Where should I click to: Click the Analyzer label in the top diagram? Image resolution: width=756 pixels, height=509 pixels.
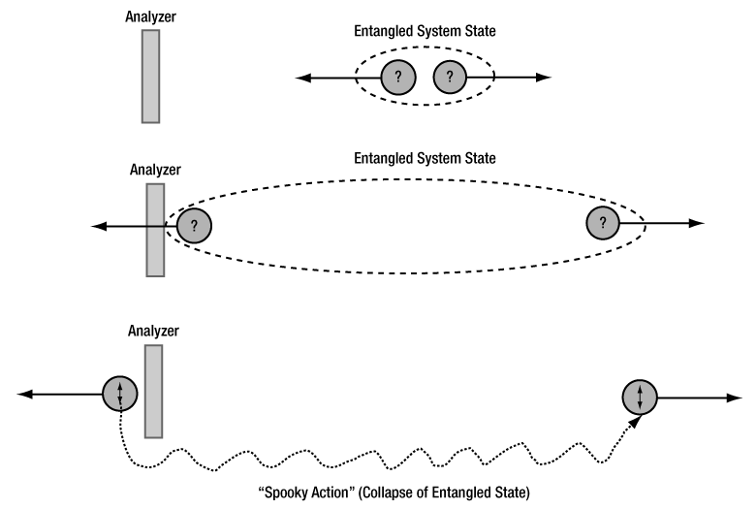point(150,16)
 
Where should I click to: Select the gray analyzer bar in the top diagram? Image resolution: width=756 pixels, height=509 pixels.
point(150,76)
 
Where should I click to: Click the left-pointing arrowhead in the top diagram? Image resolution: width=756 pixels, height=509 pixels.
point(303,77)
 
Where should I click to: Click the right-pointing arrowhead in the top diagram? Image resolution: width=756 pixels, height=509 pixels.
point(545,77)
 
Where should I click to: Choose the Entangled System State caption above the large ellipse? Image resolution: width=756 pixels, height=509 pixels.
point(425,158)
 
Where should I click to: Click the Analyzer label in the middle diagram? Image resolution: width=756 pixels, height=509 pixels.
point(156,170)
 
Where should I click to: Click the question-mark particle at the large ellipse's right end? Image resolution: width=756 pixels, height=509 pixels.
point(603,224)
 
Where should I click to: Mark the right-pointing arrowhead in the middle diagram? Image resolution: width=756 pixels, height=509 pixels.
point(696,224)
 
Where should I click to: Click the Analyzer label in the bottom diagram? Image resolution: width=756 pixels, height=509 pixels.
point(154,332)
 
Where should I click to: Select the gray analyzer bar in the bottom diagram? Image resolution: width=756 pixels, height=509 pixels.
point(153,391)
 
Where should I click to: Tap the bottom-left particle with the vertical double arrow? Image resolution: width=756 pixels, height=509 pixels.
point(120,394)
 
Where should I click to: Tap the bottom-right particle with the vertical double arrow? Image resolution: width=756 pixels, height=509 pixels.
point(641,397)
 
